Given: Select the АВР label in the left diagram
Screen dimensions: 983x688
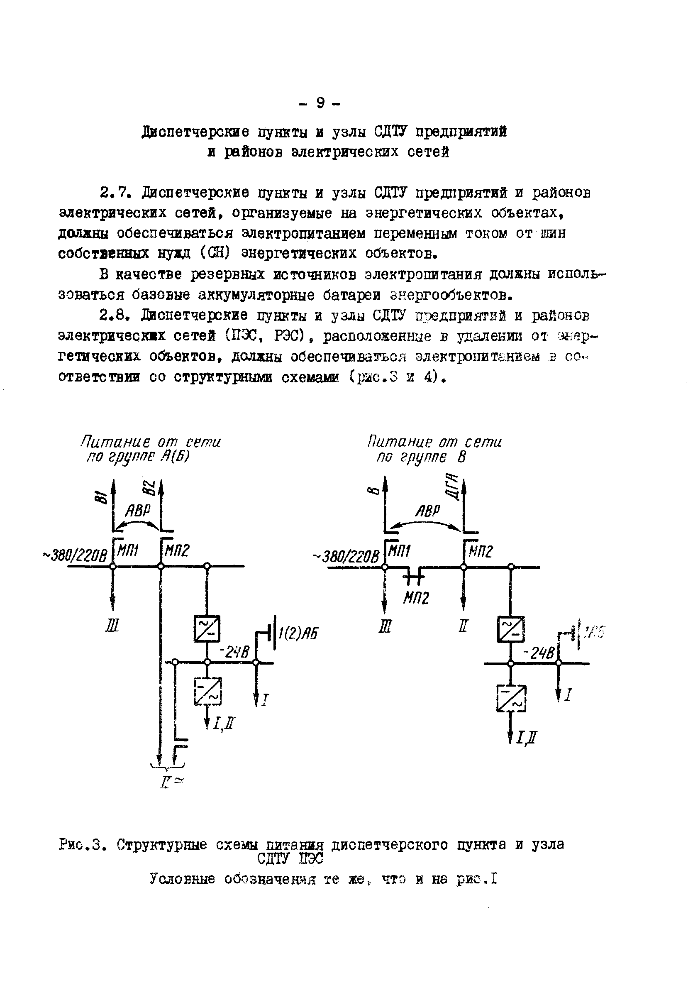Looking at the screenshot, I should [138, 511].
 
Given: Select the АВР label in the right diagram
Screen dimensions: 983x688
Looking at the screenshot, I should [427, 511].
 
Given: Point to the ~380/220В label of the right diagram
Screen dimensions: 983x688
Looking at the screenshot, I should [346, 557].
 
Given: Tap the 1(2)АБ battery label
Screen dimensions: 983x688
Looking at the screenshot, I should [298, 633].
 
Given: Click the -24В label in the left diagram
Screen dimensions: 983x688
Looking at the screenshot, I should [234, 652].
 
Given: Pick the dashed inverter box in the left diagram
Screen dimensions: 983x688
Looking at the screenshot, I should [208, 691].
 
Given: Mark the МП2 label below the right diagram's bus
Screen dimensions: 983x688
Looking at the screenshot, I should [416, 598].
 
